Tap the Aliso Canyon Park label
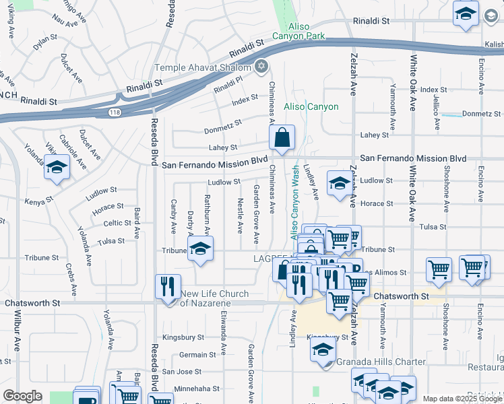pos(299,31)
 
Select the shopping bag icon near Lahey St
pos(282,138)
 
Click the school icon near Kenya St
pos(57,168)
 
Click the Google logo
pos(22,396)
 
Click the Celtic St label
pos(117,223)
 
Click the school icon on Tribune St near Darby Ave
pos(199,250)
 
